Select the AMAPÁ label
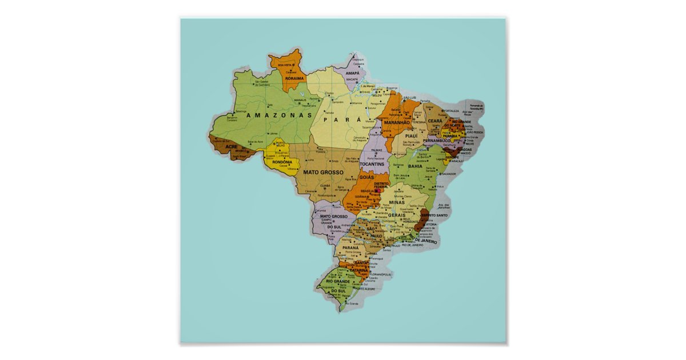pyautogui.click(x=352, y=73)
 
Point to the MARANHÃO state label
pyautogui.click(x=397, y=122)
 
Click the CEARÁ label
pyautogui.click(x=436, y=121)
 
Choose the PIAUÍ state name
pyautogui.click(x=412, y=136)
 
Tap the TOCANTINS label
pyautogui.click(x=375, y=164)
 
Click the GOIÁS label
pyautogui.click(x=366, y=178)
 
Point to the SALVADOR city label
pyautogui.click(x=448, y=189)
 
